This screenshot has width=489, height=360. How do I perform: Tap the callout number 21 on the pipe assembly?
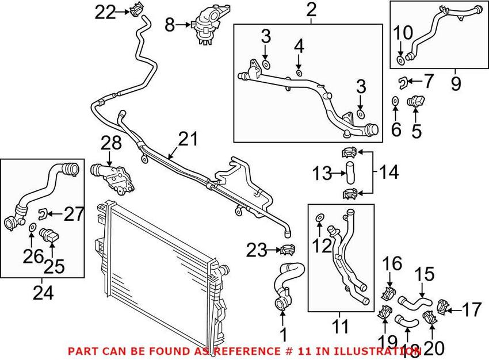[188, 139]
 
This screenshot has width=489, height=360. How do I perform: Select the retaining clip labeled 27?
[41, 215]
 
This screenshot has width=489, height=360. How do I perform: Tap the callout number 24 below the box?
[43, 293]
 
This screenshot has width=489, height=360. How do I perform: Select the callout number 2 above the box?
[311, 10]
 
